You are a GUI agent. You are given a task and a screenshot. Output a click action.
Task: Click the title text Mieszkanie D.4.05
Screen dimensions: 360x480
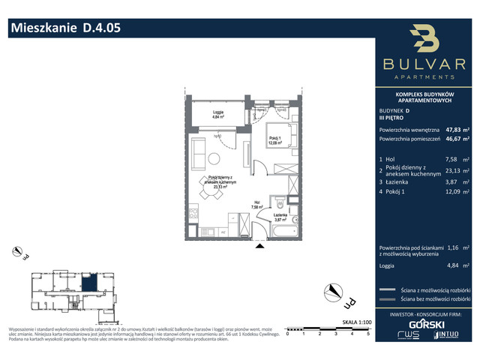64,28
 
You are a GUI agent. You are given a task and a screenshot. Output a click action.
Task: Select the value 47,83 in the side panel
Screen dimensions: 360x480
453,128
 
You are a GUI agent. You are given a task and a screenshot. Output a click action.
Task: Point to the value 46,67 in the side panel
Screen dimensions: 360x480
453,139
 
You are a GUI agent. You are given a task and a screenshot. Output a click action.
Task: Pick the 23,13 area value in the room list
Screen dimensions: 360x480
453,172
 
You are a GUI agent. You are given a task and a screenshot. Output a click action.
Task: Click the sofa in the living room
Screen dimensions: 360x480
200,154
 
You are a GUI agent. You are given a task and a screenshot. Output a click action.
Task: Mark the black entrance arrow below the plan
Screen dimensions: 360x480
260,244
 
